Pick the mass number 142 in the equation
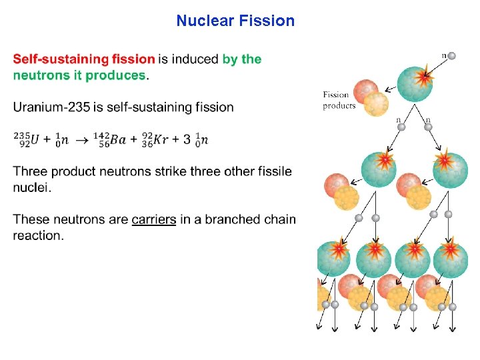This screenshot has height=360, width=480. tap(103, 135)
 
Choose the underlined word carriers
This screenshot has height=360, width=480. tap(154, 219)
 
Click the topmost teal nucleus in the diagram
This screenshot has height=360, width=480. tap(415, 83)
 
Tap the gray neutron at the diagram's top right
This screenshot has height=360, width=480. tap(451, 55)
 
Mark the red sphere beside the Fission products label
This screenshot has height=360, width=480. tap(366, 91)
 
